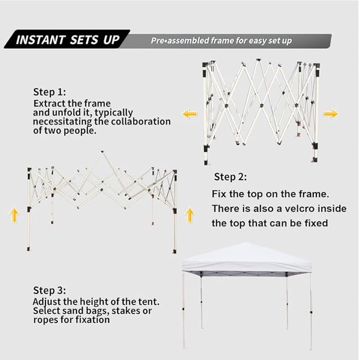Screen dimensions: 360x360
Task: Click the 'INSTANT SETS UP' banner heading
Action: pyautogui.click(x=67, y=40)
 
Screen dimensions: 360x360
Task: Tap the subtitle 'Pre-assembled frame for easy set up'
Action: pyautogui.click(x=221, y=41)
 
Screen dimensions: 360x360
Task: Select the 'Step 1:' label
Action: pyautogui.click(x=50, y=92)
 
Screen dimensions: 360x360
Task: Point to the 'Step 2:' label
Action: pyautogui.click(x=231, y=177)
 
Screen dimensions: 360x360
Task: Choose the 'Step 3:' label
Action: pyautogui.click(x=50, y=290)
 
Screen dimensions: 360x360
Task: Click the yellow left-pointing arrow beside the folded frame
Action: pyautogui.click(x=190, y=113)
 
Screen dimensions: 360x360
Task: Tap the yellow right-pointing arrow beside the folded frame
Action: pyautogui.click(x=331, y=113)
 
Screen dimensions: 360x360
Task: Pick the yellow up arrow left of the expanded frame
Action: pyautogui.click(x=14, y=215)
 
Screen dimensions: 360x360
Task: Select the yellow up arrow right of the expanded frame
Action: pyautogui.click(x=189, y=215)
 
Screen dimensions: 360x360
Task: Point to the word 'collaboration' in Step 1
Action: pyautogui.click(x=141, y=121)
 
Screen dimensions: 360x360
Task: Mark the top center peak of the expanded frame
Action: pyautogui.click(x=102, y=152)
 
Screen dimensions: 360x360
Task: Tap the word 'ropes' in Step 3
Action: pyautogui.click(x=46, y=320)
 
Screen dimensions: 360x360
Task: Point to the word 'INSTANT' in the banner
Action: pyautogui.click(x=41, y=40)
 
